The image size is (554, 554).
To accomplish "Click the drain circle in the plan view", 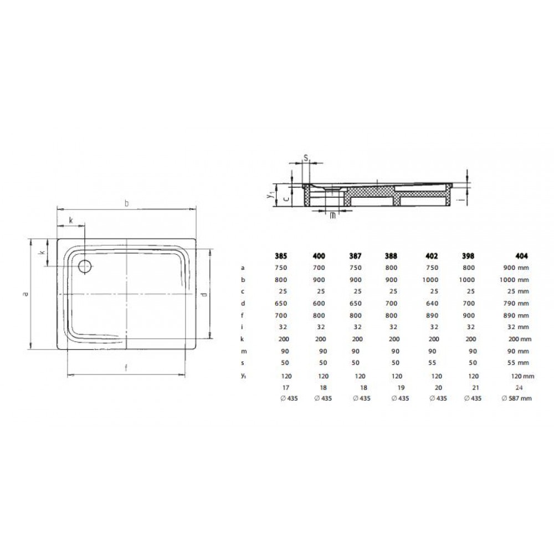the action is pos(85,266).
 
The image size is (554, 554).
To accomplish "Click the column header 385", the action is pos(281,256).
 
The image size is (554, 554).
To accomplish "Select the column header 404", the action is pos(521,256).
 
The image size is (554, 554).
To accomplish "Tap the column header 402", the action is pos(432,256).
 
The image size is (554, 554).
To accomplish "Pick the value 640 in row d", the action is pos(432,303).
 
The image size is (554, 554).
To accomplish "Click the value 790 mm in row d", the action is pos(516,303).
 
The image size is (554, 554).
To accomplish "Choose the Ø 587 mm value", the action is pos(516,398).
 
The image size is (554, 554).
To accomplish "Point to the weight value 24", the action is pos(519,388).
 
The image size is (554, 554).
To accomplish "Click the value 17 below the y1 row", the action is pos(286,388).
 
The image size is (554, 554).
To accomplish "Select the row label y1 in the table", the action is pos(243,376).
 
